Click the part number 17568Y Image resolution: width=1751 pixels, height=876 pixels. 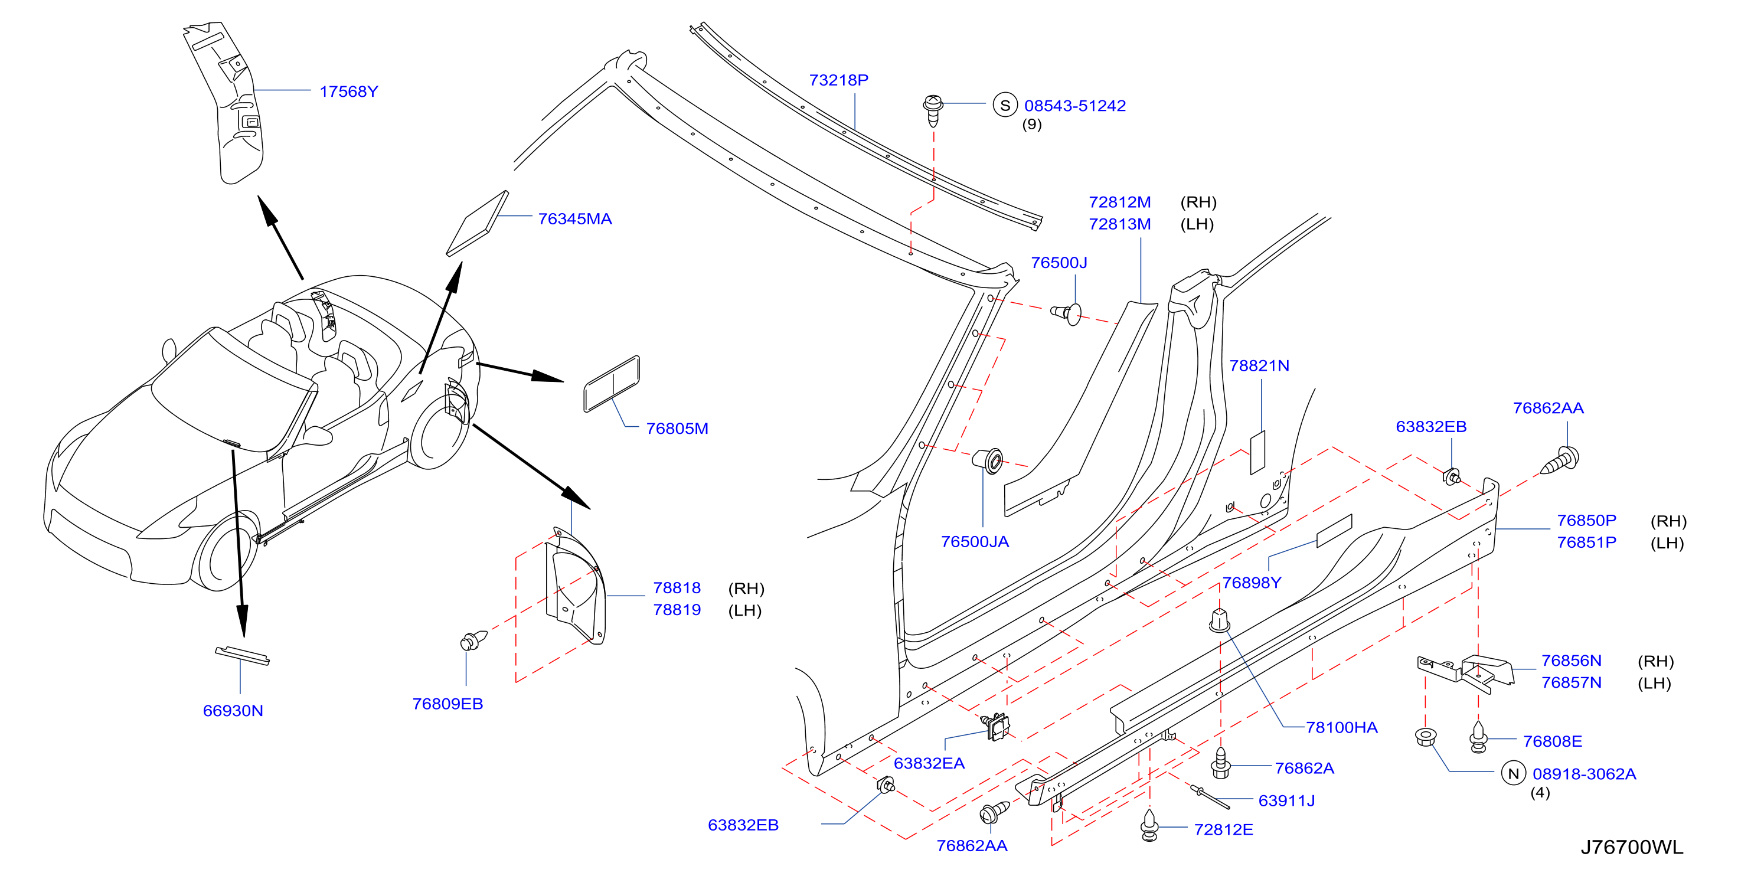click(349, 91)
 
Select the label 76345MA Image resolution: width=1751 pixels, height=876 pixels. click(575, 219)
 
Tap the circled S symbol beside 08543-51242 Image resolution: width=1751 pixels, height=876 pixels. click(1005, 105)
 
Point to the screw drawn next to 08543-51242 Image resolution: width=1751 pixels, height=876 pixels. click(933, 110)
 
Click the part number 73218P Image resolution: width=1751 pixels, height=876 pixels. click(839, 80)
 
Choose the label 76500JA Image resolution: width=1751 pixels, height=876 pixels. click(975, 542)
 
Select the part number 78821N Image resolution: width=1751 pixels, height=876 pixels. click(1259, 365)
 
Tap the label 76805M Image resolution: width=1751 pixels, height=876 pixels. click(677, 429)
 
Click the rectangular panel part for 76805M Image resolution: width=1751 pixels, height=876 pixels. click(612, 384)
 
